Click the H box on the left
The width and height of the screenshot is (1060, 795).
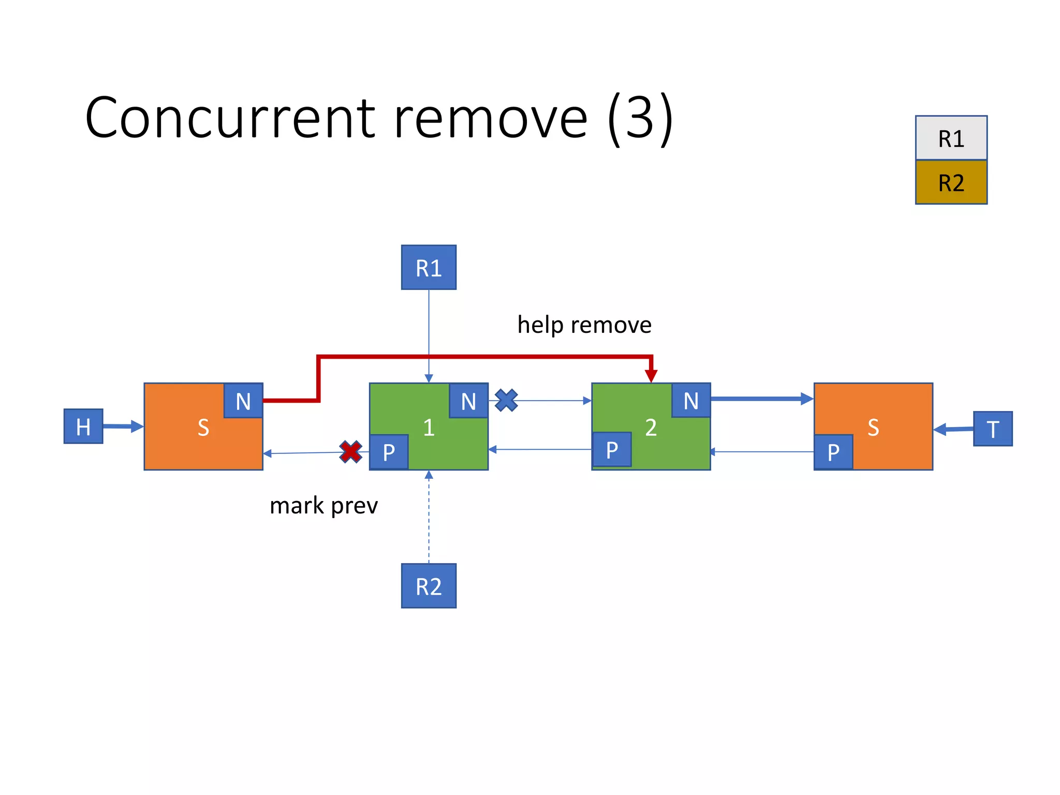point(83,426)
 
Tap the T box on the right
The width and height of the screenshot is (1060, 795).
point(992,429)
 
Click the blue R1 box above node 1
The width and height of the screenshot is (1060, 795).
point(429,268)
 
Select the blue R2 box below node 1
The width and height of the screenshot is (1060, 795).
point(429,586)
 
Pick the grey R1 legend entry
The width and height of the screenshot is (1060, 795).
point(951,138)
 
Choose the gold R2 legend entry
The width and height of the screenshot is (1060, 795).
point(951,183)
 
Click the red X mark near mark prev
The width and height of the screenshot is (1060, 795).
point(350,451)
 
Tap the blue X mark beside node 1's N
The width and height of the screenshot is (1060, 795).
point(506,400)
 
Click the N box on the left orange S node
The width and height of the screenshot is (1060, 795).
point(243,401)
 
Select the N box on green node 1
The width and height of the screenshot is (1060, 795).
point(468,401)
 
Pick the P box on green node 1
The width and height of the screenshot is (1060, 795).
point(389,452)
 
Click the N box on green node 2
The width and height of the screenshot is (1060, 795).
point(691,400)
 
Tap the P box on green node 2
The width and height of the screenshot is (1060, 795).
point(611,450)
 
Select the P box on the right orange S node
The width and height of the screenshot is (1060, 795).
point(833,452)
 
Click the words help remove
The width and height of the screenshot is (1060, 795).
point(584,325)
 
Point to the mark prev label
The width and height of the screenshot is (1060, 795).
point(323,506)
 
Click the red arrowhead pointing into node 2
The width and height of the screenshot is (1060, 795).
point(651,376)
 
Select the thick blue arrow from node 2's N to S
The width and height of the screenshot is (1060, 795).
point(761,399)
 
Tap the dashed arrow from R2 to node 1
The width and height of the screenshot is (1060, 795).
point(429,518)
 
